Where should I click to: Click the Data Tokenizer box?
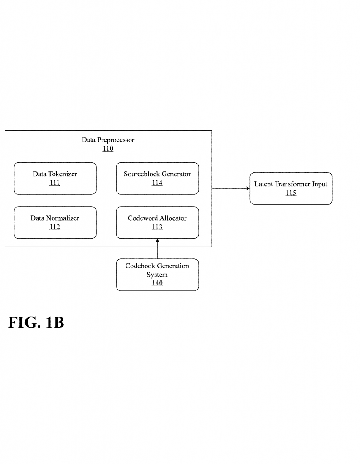(55, 178)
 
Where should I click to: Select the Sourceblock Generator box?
(157, 178)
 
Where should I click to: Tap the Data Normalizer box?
(55, 222)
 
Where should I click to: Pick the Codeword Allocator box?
(157, 222)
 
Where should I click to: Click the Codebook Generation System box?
(157, 275)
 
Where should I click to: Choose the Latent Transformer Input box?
(291, 188)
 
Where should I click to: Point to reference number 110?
(108, 149)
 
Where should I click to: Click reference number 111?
(55, 183)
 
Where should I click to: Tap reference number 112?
(55, 227)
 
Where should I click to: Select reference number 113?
(157, 227)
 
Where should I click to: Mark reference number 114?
(157, 183)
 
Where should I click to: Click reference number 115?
(291, 193)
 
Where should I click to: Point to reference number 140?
(157, 283)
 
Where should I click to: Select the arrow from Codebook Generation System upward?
(157, 249)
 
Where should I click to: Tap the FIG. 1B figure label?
(36, 322)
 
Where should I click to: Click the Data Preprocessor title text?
(108, 140)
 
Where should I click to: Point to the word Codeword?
(142, 218)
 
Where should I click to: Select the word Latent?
(263, 184)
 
